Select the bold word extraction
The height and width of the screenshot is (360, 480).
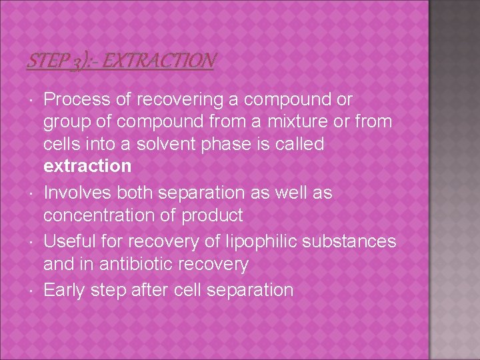(x=87, y=166)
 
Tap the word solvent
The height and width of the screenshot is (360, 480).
(x=179, y=144)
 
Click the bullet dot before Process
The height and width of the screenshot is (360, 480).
(x=33, y=101)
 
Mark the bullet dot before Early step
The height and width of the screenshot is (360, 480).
(x=33, y=291)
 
